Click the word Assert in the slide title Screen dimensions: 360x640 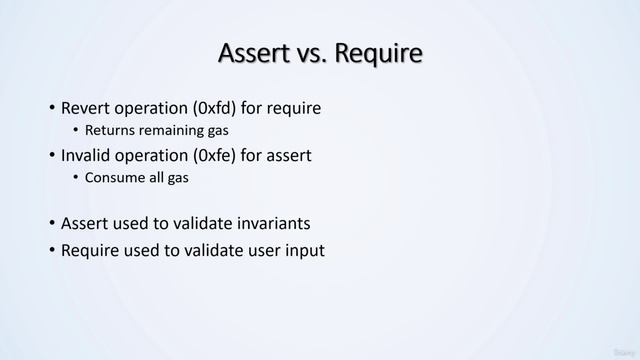point(250,53)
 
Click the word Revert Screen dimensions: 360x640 point(87,108)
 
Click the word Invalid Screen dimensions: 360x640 point(88,155)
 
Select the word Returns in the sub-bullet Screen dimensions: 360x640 point(110,130)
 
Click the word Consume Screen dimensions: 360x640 point(114,178)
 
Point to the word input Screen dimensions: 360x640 point(304,250)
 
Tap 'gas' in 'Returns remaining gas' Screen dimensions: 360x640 point(229,130)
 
